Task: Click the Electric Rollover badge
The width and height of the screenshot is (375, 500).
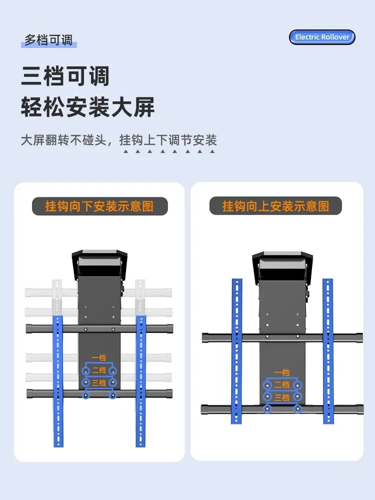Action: pos(322,37)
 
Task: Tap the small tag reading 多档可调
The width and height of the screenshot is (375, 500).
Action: pos(49,40)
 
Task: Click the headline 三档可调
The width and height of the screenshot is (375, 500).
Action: pos(65,76)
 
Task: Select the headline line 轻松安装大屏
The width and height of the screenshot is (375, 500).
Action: pos(87,106)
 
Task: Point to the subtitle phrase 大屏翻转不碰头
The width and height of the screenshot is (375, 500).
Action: pos(63,140)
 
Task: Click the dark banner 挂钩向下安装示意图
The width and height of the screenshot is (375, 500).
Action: pos(100,206)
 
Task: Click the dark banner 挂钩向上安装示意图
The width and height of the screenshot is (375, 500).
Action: pos(275,206)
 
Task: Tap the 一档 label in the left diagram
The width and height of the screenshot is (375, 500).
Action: pos(99,358)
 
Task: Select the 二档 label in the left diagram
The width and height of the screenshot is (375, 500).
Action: pos(99,370)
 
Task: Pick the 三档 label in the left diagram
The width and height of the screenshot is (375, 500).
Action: pos(99,382)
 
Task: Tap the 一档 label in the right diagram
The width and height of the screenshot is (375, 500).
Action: pos(282,372)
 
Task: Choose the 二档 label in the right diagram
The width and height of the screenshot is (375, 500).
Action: pos(282,385)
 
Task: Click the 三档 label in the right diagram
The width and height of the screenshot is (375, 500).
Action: pos(282,397)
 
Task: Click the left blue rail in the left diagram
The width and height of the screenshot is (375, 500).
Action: pos(57,381)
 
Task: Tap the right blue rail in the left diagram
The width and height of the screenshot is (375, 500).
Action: pos(140,381)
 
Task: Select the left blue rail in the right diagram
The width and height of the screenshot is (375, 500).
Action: pos(236,351)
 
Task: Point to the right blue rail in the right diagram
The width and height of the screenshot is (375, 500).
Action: pos(328,351)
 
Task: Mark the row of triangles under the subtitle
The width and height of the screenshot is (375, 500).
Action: pos(168,151)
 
